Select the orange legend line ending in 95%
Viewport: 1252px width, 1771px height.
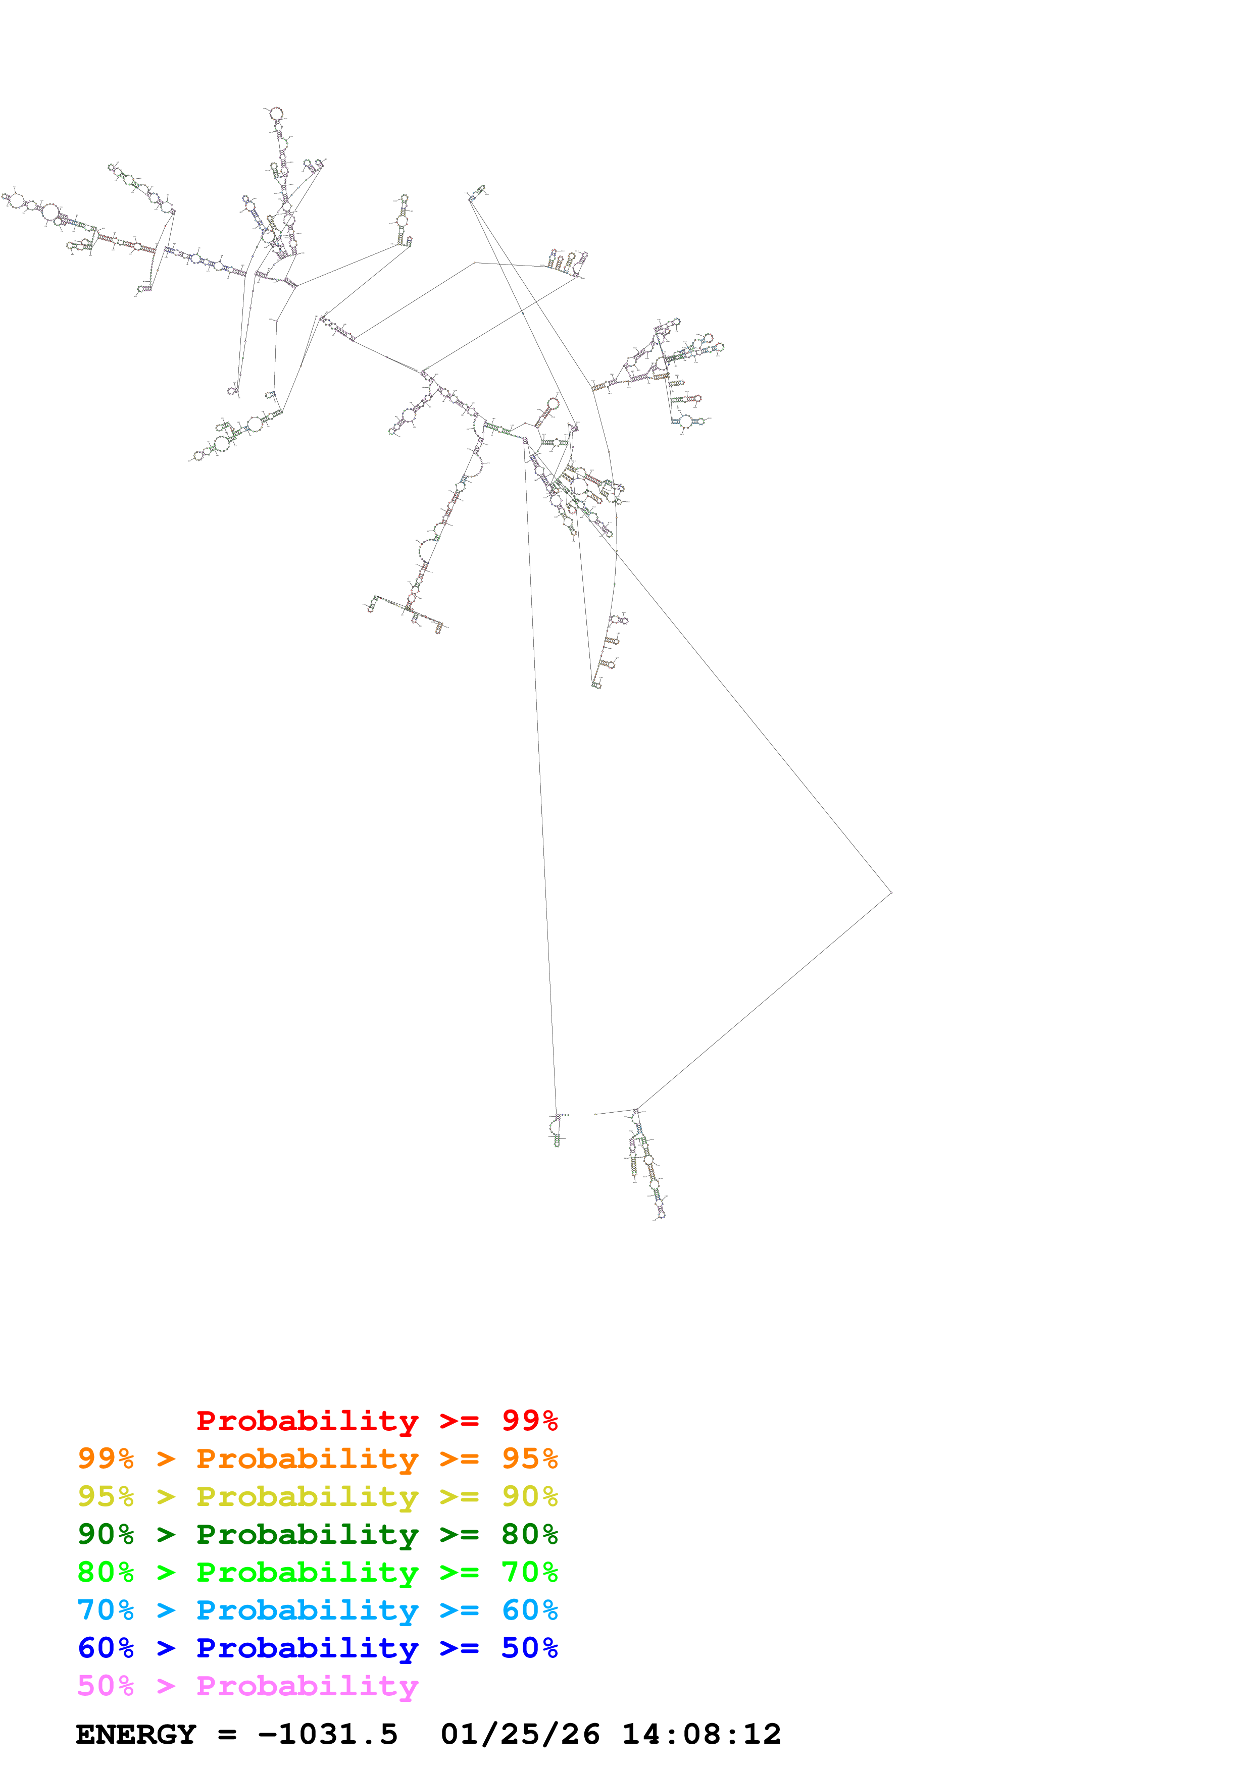click(x=317, y=1459)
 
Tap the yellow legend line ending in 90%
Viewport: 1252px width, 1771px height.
click(x=317, y=1496)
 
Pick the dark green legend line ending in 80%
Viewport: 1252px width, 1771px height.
click(x=317, y=1534)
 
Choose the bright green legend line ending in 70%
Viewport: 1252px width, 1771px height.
click(x=317, y=1572)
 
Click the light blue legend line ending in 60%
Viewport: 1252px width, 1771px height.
click(x=317, y=1610)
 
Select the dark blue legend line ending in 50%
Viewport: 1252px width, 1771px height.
click(x=317, y=1648)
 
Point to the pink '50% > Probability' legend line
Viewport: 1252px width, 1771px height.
click(x=247, y=1685)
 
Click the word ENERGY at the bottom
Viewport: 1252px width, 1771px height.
click(x=136, y=1735)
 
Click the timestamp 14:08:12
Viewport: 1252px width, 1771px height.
click(x=701, y=1735)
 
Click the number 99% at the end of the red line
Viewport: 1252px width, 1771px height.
click(x=529, y=1421)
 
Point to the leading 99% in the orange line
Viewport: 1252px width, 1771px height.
click(x=106, y=1459)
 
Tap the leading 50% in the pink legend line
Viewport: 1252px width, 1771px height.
click(x=106, y=1685)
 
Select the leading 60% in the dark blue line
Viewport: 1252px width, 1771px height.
click(x=106, y=1648)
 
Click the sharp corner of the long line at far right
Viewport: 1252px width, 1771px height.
click(x=891, y=893)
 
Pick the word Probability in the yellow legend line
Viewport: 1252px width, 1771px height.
click(x=307, y=1496)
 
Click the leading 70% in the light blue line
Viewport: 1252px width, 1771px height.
click(x=106, y=1610)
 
